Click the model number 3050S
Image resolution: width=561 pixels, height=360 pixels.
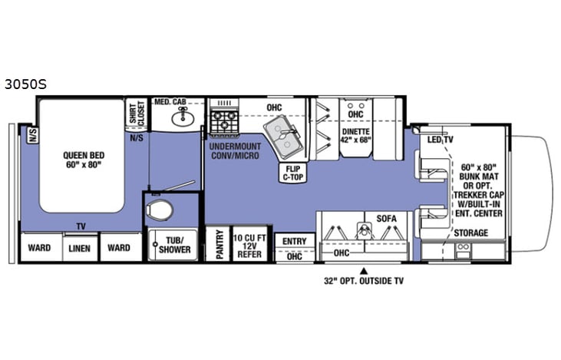25,85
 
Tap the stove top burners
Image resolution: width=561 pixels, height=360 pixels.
223,121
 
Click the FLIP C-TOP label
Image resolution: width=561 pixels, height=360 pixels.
292,172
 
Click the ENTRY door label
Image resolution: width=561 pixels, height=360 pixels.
294,241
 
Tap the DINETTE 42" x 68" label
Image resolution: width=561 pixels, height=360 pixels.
355,135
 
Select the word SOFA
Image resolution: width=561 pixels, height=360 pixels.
385,218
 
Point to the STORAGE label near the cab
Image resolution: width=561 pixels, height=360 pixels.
470,232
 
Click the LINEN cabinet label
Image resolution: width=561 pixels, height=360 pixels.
80,248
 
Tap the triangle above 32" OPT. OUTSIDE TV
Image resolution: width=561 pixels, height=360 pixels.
365,269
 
